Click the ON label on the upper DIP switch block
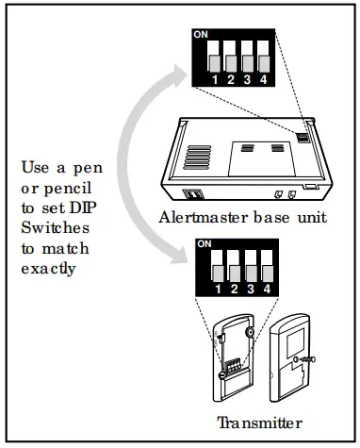(200, 35)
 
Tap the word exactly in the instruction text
(47, 267)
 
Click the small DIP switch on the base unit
(304, 136)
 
